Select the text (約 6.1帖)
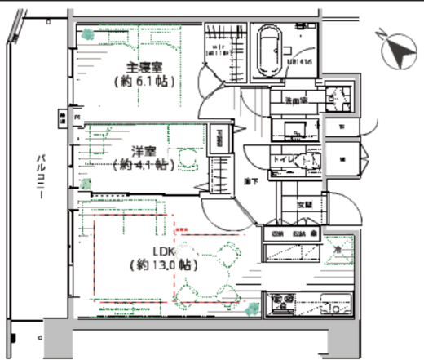point(144,82)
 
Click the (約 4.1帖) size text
point(135,164)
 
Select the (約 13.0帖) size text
point(161,265)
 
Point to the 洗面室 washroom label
point(294,102)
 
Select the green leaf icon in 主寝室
point(86,33)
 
